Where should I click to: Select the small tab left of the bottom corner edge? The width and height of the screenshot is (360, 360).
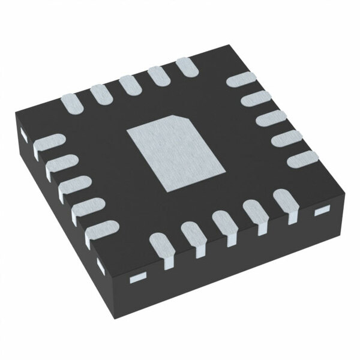pos(99,263)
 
